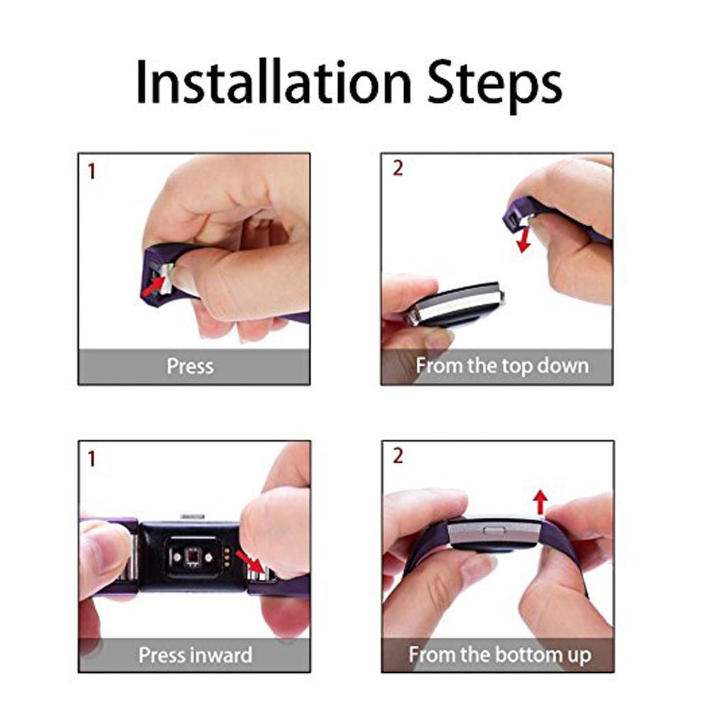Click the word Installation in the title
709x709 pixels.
(273, 83)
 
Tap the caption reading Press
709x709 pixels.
(190, 367)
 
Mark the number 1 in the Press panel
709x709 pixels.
(91, 171)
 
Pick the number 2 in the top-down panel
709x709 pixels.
(397, 169)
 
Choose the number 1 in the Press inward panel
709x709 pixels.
(91, 459)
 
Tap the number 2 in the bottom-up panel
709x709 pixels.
(397, 456)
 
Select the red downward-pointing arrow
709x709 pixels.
(525, 239)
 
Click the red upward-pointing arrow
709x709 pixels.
(540, 503)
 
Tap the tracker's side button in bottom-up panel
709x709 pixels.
(491, 530)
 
